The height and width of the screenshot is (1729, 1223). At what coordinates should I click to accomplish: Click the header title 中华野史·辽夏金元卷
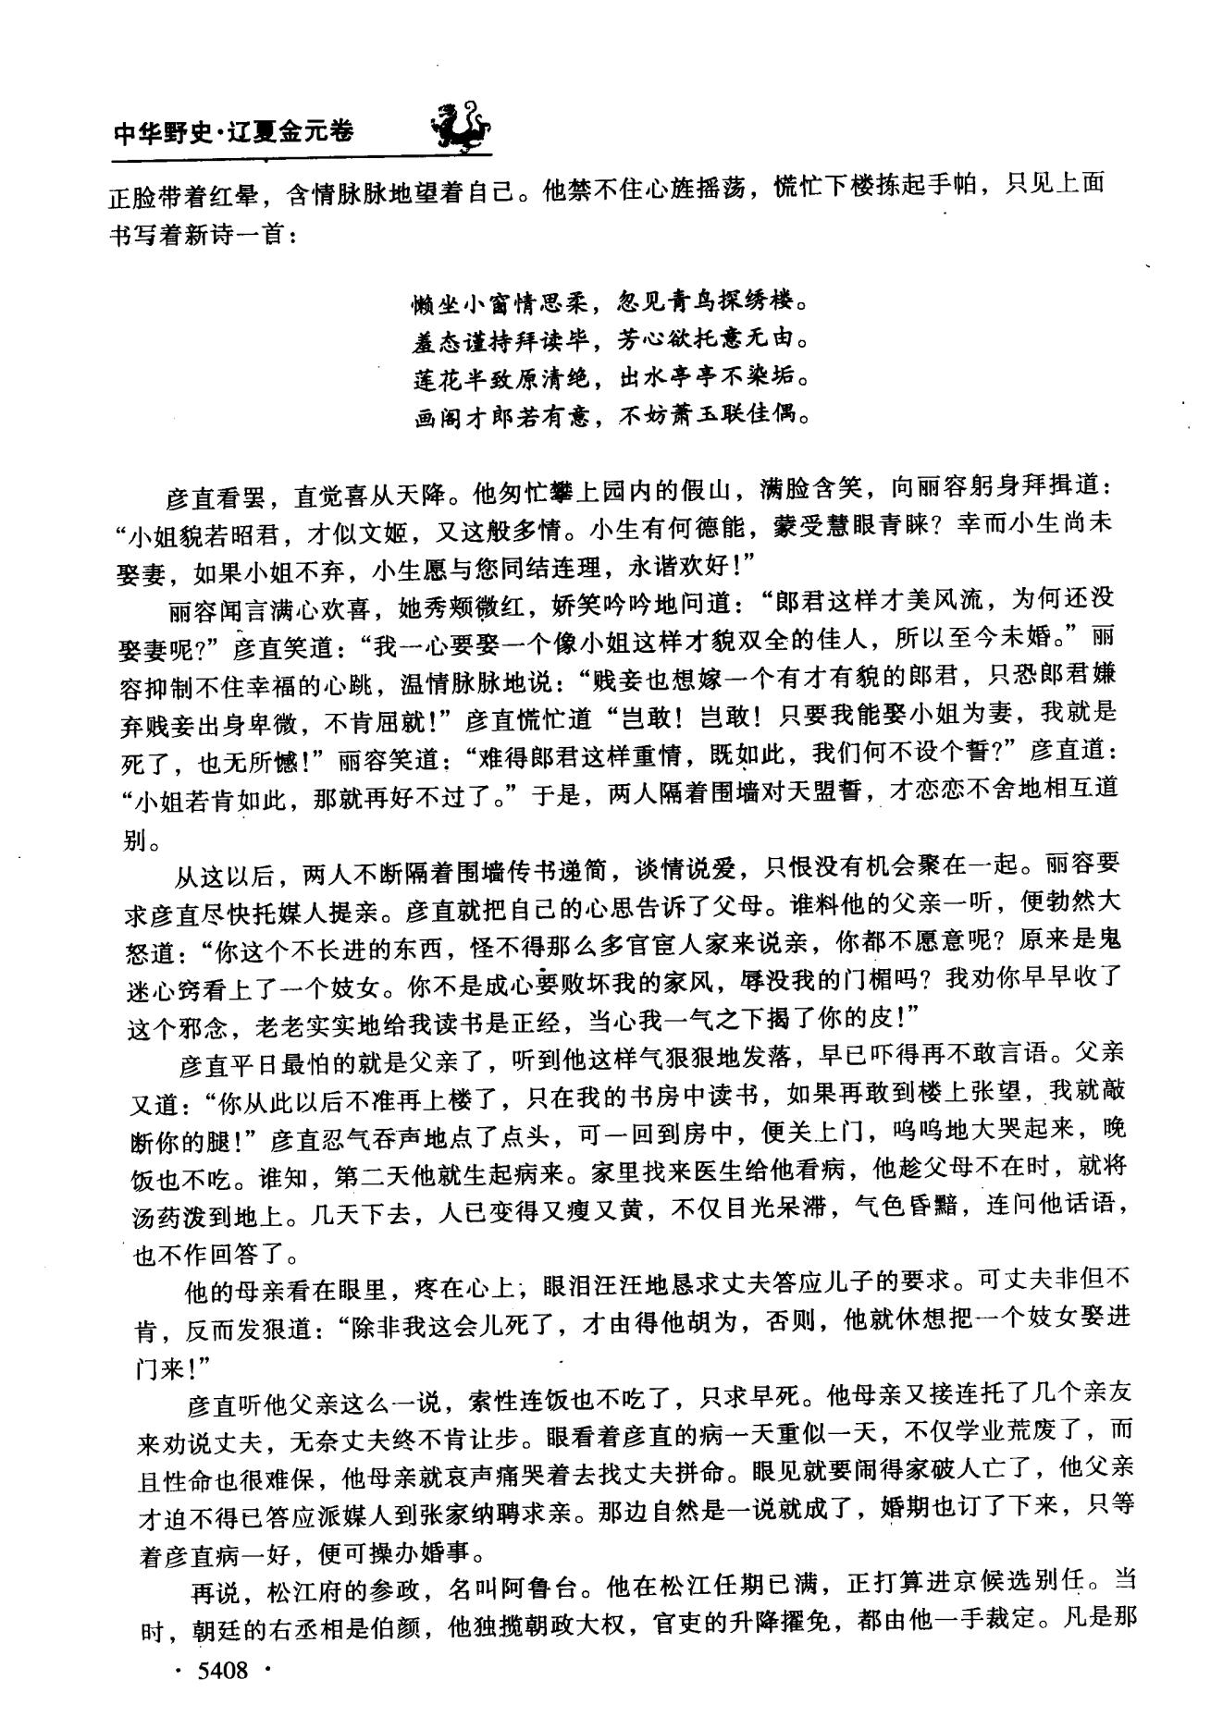pyautogui.click(x=232, y=133)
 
